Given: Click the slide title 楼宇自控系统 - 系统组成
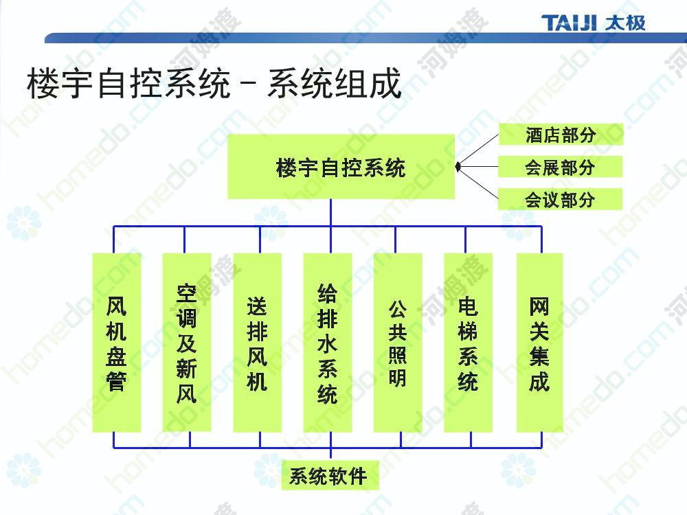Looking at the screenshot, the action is point(214,83).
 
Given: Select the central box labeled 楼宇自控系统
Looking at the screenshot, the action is point(341,167).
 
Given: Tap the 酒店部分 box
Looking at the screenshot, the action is point(561,135).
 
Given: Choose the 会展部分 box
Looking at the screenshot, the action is point(561,167).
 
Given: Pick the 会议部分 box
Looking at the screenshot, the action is point(560,199).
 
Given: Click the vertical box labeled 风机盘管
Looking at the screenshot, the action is point(117,343).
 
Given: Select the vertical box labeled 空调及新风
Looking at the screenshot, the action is point(187,343).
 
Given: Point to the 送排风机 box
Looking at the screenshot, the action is point(257,343).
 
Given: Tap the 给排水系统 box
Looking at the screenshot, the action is point(328,343).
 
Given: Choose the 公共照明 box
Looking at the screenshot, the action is point(398,343).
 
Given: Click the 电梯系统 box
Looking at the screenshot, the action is point(469,343).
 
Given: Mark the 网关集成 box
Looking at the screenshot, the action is point(540,343).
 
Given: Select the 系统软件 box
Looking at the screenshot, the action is point(330,475).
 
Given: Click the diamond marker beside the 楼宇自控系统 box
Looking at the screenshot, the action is point(458,167).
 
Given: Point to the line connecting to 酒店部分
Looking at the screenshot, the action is point(479,150).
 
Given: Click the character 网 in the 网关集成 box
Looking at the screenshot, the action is point(539,306).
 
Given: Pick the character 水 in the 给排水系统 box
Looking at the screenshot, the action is point(327,343).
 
